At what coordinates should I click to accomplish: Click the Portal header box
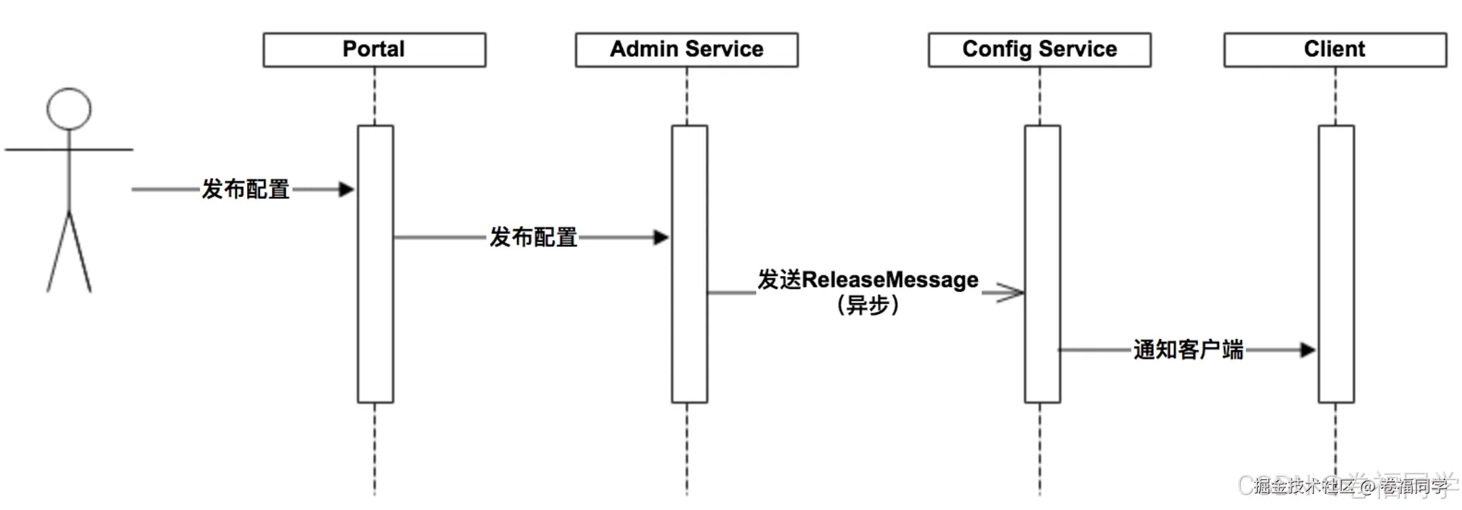point(374,50)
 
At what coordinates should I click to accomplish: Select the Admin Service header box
point(686,50)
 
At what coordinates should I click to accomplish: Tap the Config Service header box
point(1039,50)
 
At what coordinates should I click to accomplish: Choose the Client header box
point(1334,50)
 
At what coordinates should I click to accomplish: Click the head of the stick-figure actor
point(69,109)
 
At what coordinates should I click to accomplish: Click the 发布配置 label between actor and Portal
point(245,189)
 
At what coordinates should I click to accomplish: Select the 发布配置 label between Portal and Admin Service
point(533,237)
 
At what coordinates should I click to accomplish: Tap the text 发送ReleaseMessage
point(867,280)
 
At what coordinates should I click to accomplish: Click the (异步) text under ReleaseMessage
point(867,306)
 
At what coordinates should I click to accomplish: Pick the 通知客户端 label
point(1188,350)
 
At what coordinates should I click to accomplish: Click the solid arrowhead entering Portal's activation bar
point(346,189)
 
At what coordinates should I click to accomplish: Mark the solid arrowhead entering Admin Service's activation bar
point(660,237)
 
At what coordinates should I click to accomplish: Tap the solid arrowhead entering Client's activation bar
point(1307,350)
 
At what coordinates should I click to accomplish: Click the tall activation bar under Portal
point(375,305)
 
